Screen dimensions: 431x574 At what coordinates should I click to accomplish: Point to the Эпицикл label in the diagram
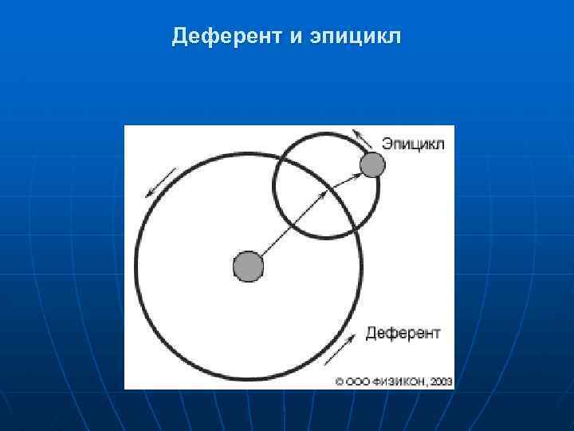[x=412, y=144]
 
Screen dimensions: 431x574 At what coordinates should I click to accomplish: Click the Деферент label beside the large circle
[x=403, y=332]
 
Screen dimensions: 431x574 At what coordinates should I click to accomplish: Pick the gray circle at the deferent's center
[x=248, y=267]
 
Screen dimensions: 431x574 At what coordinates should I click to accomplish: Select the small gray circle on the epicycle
[x=372, y=165]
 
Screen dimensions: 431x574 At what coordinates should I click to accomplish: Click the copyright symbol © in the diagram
[x=339, y=382]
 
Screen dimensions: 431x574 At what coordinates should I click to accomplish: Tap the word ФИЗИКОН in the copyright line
[x=397, y=382]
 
